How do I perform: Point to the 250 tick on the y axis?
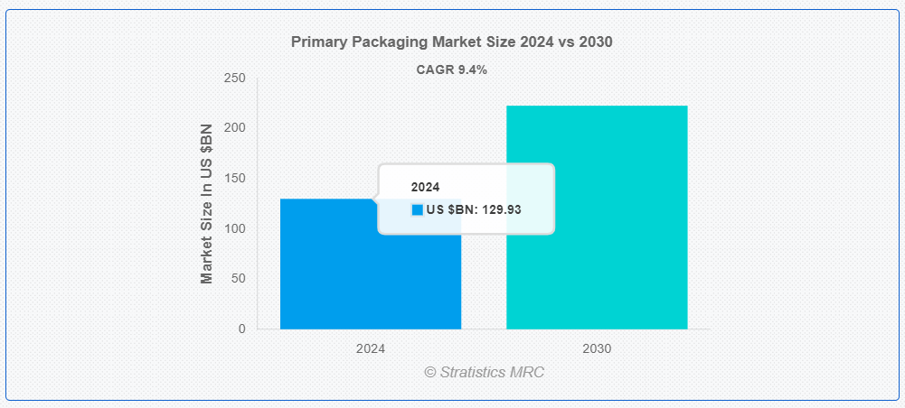[x=234, y=78]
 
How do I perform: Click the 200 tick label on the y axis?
[x=234, y=128]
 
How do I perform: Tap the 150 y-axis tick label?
[x=234, y=178]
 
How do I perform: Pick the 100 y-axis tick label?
[x=234, y=228]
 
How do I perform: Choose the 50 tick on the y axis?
[x=237, y=278]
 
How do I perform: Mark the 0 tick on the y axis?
[x=241, y=329]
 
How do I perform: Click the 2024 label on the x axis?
[x=371, y=348]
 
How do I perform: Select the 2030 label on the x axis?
[x=597, y=348]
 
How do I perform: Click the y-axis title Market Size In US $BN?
[x=207, y=203]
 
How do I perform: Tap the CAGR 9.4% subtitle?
[x=452, y=70]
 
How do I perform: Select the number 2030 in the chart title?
[x=595, y=42]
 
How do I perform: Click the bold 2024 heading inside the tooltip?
[x=425, y=187]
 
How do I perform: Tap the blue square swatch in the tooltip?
[x=418, y=209]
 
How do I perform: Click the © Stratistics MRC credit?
[x=485, y=372]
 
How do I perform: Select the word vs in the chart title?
[x=566, y=42]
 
